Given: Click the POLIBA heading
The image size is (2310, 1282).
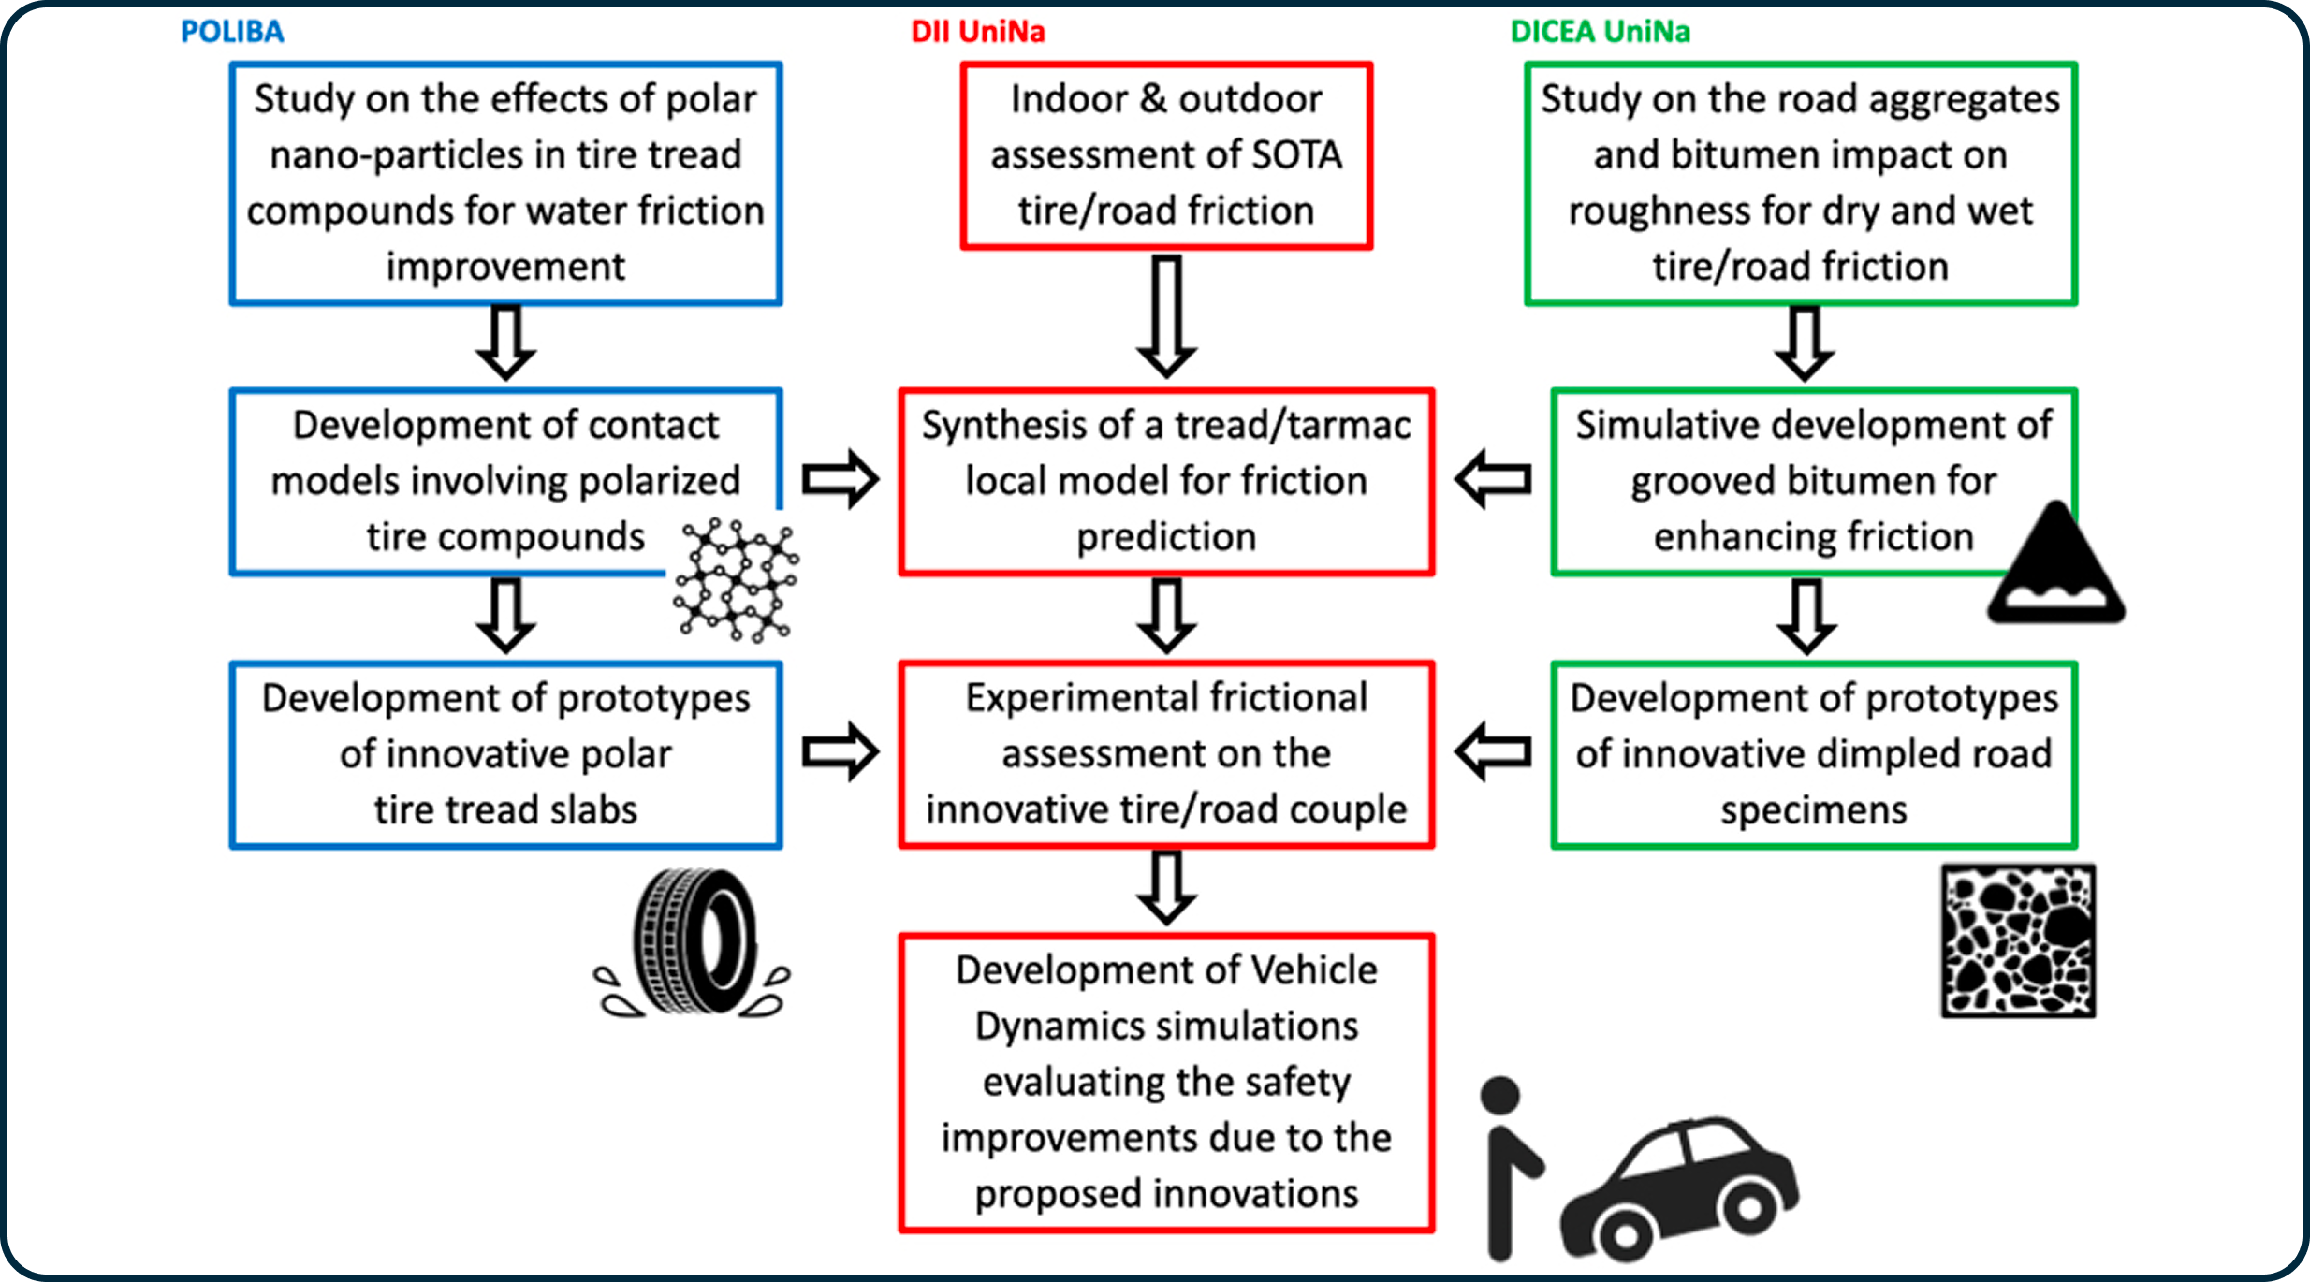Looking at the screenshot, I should tap(232, 32).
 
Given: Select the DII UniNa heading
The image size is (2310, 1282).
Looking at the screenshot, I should tap(978, 32).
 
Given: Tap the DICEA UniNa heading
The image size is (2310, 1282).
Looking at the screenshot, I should tap(1601, 32).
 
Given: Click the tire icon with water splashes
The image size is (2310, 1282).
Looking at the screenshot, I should tap(693, 943).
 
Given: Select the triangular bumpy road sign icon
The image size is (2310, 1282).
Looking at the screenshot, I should tap(2056, 566).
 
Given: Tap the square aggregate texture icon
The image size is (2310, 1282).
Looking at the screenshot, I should tap(2018, 940).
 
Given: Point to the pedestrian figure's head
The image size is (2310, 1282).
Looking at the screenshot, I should tap(1500, 1096).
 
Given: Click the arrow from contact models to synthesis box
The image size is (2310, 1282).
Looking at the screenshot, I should tap(840, 479).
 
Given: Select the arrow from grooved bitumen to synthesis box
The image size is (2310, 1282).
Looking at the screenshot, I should tap(1494, 479).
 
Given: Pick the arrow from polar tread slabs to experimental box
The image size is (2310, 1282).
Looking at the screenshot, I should tap(840, 751).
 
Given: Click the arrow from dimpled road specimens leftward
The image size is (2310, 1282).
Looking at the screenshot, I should tap(1494, 751).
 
